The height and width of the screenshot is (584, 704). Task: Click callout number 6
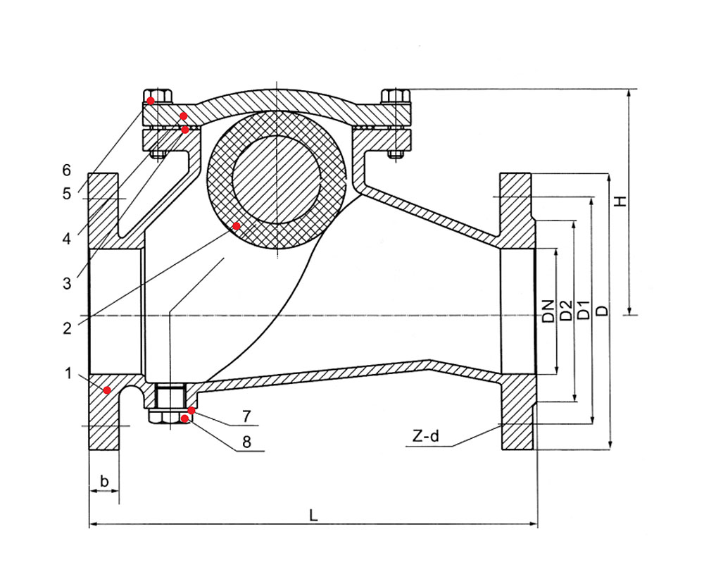pyautogui.click(x=66, y=170)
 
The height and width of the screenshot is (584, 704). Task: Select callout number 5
pyautogui.click(x=66, y=194)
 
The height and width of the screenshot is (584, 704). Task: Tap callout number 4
pyautogui.click(x=66, y=239)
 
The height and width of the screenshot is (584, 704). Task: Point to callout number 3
pyautogui.click(x=67, y=283)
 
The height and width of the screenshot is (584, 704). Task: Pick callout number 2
pyautogui.click(x=67, y=328)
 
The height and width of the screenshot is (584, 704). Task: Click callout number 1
pyautogui.click(x=68, y=373)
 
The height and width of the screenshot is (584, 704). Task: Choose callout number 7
pyautogui.click(x=246, y=416)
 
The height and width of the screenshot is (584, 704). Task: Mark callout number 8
pyautogui.click(x=246, y=442)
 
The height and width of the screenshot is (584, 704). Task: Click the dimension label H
pyautogui.click(x=620, y=201)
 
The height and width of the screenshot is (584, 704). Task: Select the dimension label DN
pyautogui.click(x=548, y=311)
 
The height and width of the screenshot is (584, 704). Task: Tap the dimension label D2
pyautogui.click(x=567, y=311)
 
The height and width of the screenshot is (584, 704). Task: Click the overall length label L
pyautogui.click(x=313, y=515)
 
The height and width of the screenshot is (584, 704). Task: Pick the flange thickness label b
pyautogui.click(x=104, y=481)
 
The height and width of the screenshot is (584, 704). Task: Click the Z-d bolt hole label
pyautogui.click(x=426, y=435)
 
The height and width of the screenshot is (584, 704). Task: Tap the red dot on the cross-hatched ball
pyautogui.click(x=237, y=225)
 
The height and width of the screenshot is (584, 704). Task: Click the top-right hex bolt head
pyautogui.click(x=396, y=96)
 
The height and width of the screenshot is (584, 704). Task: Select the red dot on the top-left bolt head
pyautogui.click(x=151, y=100)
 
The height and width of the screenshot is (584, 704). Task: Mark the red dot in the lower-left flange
pyautogui.click(x=107, y=390)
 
